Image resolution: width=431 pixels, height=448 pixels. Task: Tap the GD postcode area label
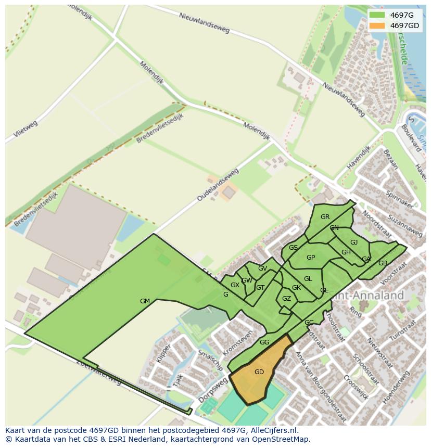click(259, 372)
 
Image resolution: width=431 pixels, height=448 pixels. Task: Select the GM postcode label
click(145, 301)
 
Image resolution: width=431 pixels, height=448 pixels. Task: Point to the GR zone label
click(325, 217)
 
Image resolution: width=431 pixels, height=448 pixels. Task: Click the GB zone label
click(383, 263)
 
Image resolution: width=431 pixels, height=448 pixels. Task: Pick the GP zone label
click(311, 258)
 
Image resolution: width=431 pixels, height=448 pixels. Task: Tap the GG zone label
click(264, 342)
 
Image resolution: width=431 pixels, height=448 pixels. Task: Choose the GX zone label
click(235, 285)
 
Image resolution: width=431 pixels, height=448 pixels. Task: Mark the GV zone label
click(262, 268)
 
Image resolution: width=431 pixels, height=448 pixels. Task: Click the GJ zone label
click(354, 242)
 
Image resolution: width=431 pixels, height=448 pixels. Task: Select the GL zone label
click(308, 279)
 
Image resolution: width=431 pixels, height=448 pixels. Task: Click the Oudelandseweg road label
click(218, 185)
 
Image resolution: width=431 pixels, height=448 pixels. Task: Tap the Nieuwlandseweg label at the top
click(204, 23)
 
